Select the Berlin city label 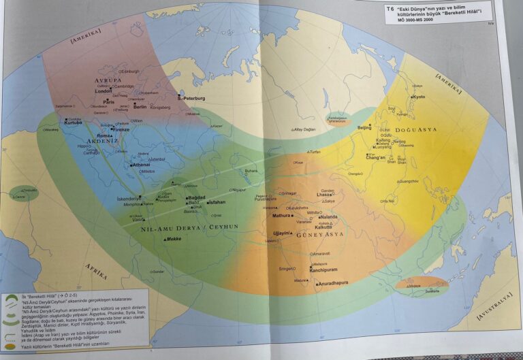(140, 107)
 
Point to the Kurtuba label (73, 123)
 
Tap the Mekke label (174, 239)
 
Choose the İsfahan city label (217, 202)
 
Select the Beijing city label (365, 127)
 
